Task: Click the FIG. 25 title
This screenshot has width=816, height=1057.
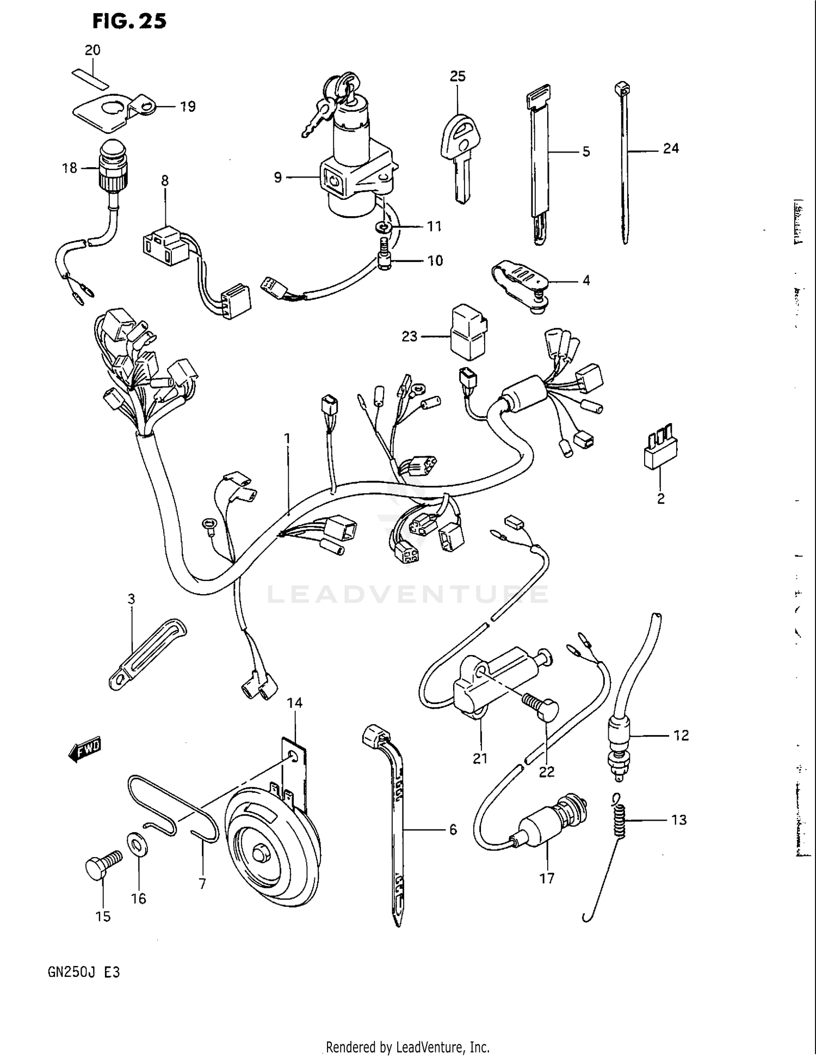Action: pos(129,21)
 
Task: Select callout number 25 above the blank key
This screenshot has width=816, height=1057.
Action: pos(458,76)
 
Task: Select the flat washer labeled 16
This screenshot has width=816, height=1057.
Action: pos(136,846)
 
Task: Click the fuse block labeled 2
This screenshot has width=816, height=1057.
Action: pos(660,449)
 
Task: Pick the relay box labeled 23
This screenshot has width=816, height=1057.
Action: pos(468,332)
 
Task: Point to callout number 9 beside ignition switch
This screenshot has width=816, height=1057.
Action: pos(277,178)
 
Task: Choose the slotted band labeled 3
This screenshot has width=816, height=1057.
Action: pos(147,653)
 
